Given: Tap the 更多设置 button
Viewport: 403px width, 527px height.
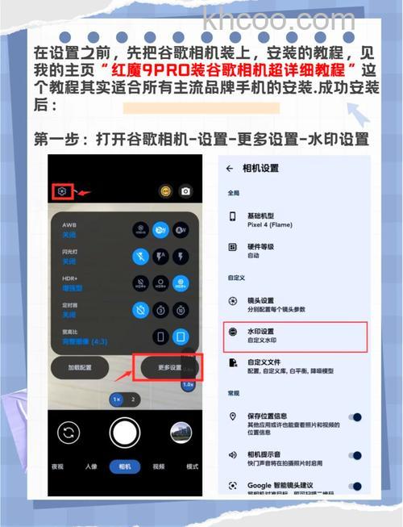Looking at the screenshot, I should (169, 367).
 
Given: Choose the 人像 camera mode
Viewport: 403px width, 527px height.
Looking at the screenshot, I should (90, 466).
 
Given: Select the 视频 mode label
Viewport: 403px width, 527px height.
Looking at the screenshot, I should (158, 466).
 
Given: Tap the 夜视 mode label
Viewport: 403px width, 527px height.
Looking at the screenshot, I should (57, 466).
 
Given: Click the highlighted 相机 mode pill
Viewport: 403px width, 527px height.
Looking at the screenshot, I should (124, 466).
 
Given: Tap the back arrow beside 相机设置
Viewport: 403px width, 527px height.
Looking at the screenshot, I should (230, 169).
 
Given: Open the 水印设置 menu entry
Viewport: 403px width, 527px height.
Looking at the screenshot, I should (261, 331).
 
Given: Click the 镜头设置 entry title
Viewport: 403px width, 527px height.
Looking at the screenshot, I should (261, 300).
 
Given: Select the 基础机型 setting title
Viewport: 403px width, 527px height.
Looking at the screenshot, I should (261, 216).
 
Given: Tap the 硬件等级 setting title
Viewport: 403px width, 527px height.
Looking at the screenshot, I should (261, 245).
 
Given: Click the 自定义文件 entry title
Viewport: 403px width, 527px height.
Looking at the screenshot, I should (264, 362).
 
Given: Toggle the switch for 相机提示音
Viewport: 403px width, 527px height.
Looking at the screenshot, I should (352, 455).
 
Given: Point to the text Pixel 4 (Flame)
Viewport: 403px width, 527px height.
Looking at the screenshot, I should (271, 226).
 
